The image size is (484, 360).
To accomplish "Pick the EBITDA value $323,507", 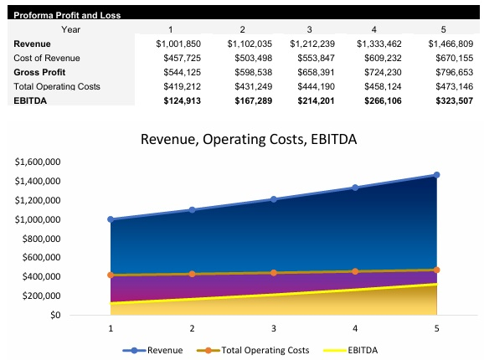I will (451, 100).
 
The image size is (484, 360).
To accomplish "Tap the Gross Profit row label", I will (39, 71).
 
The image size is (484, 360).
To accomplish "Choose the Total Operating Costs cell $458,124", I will (379, 85).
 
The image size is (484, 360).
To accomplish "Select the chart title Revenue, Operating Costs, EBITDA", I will (249, 139).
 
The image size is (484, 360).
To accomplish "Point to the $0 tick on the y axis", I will (55, 316).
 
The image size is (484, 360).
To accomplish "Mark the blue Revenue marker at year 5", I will (436, 175).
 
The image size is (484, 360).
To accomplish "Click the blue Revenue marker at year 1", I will (111, 219).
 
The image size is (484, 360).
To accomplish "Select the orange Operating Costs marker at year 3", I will (274, 272).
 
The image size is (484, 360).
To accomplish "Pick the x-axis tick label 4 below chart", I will (355, 328).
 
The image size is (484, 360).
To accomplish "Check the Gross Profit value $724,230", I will (379, 71).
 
